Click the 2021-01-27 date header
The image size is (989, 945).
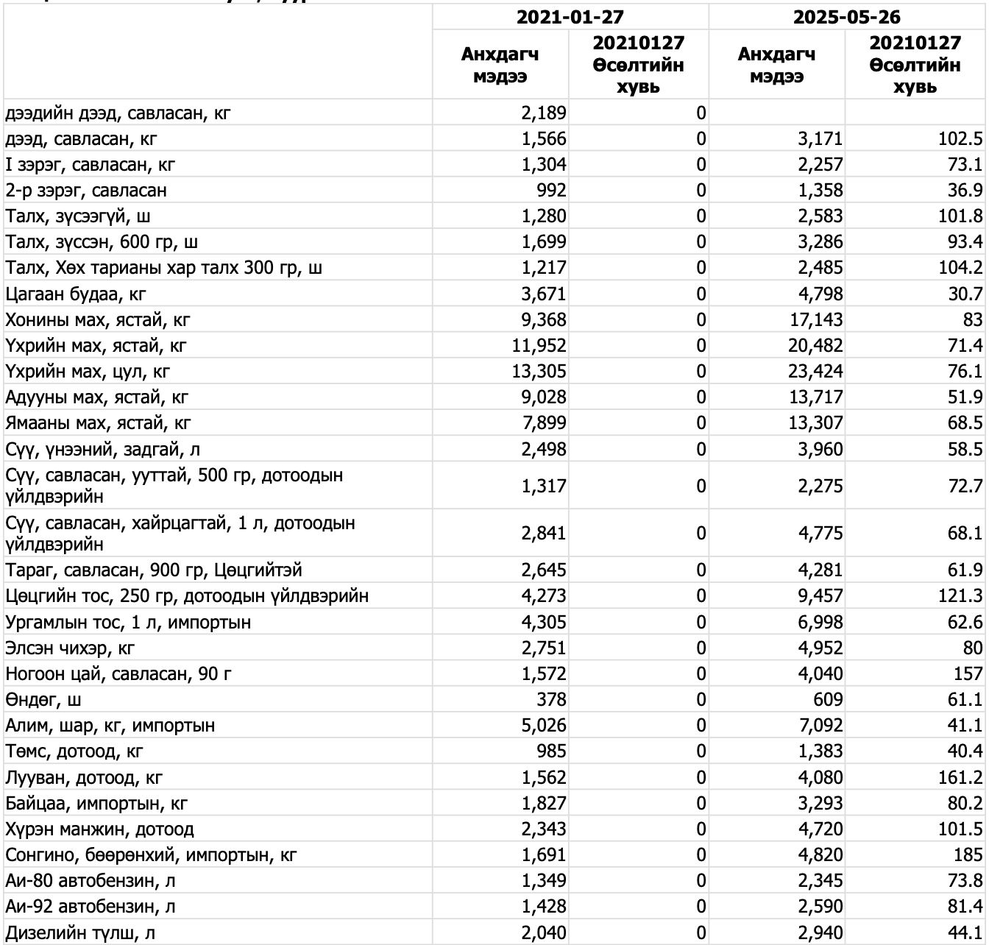[x=570, y=16]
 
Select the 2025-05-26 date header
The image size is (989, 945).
[x=846, y=16]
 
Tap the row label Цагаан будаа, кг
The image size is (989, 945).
[x=76, y=294]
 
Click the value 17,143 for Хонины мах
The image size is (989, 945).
[x=815, y=320]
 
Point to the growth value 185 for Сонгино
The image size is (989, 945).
[x=967, y=855]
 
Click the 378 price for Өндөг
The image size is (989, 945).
[x=551, y=699]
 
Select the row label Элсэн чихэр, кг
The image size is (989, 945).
[x=71, y=648]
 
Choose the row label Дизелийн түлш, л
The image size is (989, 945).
[x=80, y=933]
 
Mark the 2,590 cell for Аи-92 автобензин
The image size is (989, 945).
[x=820, y=907]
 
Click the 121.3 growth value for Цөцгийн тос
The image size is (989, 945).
[x=960, y=596]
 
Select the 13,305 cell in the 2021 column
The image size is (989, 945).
[x=539, y=372]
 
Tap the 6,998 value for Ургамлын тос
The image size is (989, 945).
[x=820, y=623]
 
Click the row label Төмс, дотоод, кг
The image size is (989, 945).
[x=74, y=751]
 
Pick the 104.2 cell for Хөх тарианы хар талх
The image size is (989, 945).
[x=960, y=268]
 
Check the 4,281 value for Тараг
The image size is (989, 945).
[x=820, y=570]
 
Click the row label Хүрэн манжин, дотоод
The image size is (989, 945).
[x=100, y=829]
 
